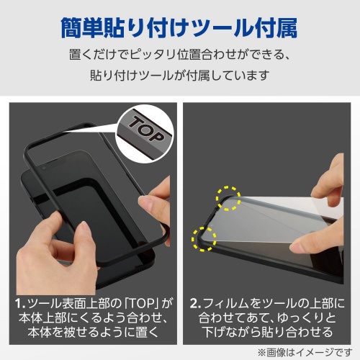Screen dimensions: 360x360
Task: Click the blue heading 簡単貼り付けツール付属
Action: click(x=179, y=27)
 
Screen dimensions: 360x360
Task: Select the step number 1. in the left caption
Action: click(x=20, y=304)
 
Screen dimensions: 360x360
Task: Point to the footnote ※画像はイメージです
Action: click(x=305, y=353)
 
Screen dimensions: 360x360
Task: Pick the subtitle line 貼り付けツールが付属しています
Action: click(x=179, y=75)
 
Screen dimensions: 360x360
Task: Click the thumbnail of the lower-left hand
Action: click(x=84, y=228)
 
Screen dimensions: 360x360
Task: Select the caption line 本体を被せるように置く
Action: click(x=93, y=333)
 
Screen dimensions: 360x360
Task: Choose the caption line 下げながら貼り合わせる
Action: click(x=267, y=333)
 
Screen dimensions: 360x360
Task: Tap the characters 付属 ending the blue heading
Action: click(x=276, y=27)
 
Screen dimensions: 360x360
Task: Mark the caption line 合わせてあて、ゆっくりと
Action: click(x=267, y=318)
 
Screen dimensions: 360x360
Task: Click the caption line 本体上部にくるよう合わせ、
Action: click(x=93, y=318)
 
